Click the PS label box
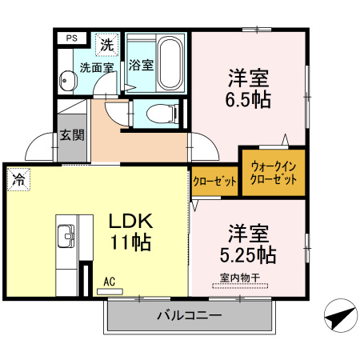[x=72, y=37]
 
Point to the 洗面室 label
[x=95, y=68]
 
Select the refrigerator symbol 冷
[x=17, y=180]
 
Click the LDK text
[x=128, y=220]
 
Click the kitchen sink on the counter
[x=66, y=237]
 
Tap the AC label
[x=110, y=282]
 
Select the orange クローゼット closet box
[x=215, y=182]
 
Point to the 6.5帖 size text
[x=249, y=101]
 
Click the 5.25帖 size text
[x=248, y=256]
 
